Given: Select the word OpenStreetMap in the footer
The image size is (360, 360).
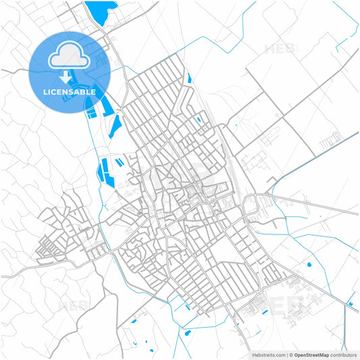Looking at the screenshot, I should [312, 355].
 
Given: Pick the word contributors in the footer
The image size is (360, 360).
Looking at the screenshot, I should [344, 355].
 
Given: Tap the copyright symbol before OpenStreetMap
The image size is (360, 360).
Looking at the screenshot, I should [290, 355].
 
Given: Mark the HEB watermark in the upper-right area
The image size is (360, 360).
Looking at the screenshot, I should [280, 49].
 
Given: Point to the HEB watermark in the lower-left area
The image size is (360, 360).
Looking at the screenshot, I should [74, 305].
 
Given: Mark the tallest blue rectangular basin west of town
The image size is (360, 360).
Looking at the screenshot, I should [104, 169].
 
